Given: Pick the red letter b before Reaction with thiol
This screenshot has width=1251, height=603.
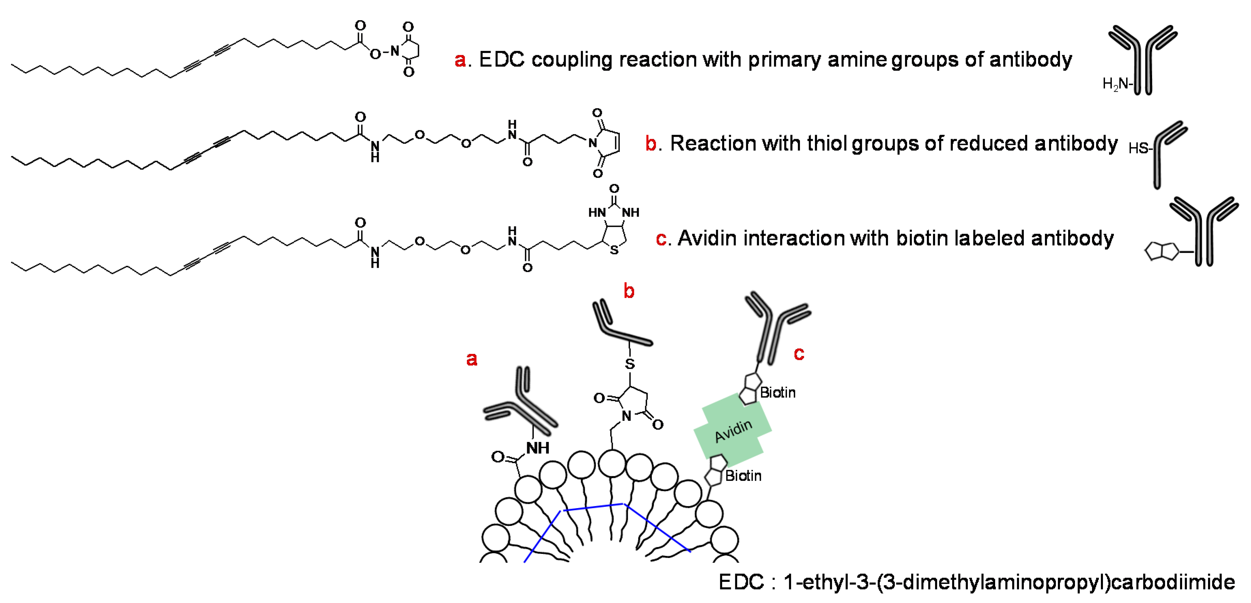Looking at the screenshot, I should click(651, 144).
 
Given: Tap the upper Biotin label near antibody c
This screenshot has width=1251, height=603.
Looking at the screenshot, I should click(777, 392).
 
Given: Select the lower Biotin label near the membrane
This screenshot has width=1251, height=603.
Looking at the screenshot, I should click(743, 476).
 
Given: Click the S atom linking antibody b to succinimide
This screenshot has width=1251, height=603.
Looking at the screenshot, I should click(630, 364).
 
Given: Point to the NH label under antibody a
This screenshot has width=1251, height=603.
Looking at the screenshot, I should click(538, 447).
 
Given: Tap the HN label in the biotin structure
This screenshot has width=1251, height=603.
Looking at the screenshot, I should click(597, 212).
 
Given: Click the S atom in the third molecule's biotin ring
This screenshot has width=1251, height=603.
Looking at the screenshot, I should click(614, 250).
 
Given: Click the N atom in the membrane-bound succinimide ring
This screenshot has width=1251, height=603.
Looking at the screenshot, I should click(626, 416).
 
